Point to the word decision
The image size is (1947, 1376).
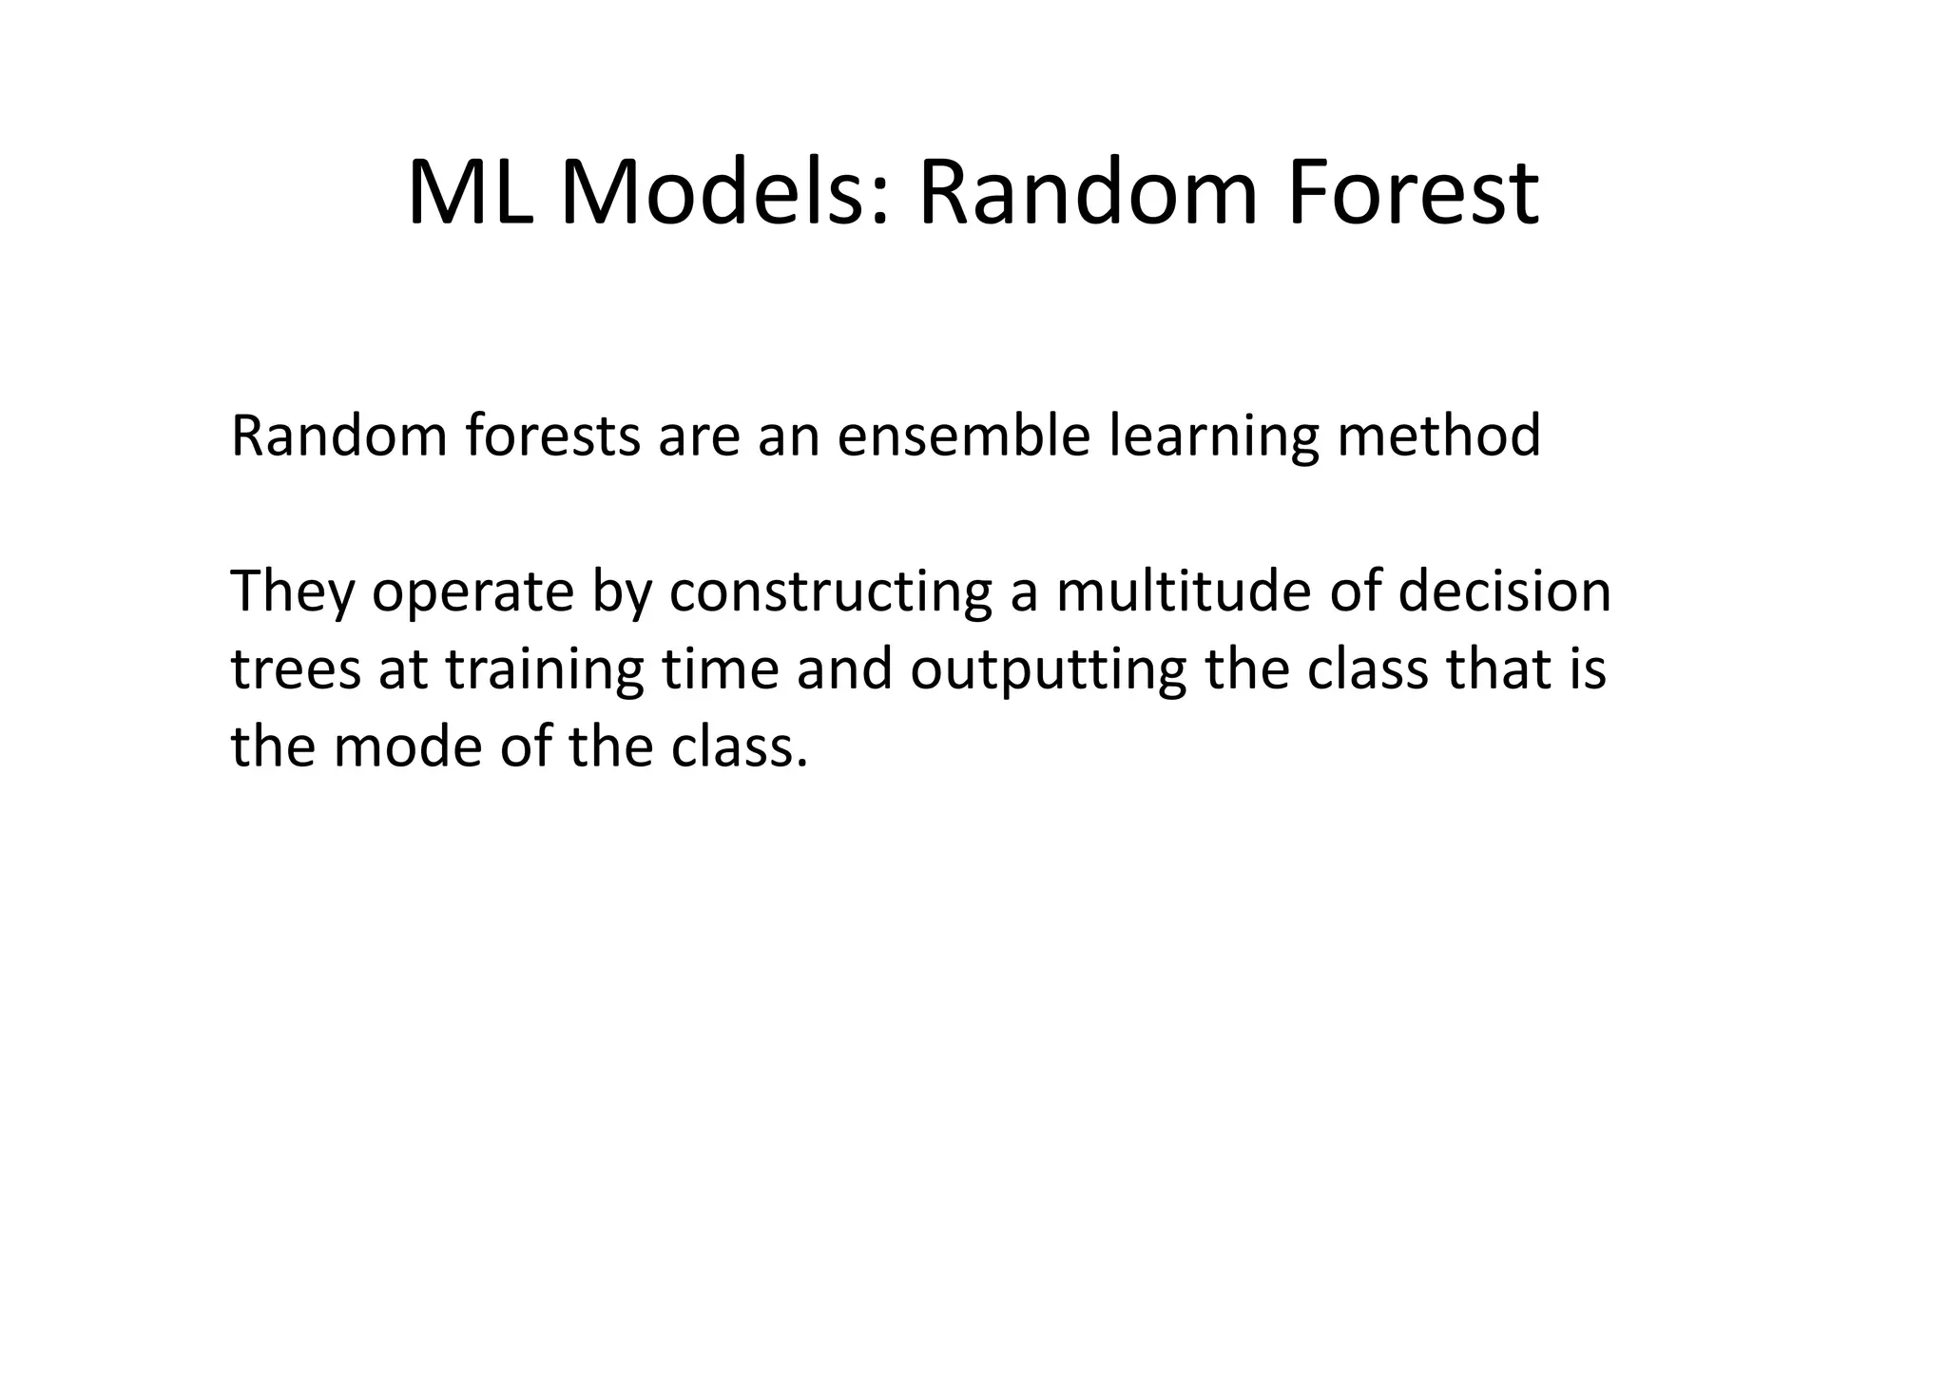point(1505,591)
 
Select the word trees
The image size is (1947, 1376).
point(296,669)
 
